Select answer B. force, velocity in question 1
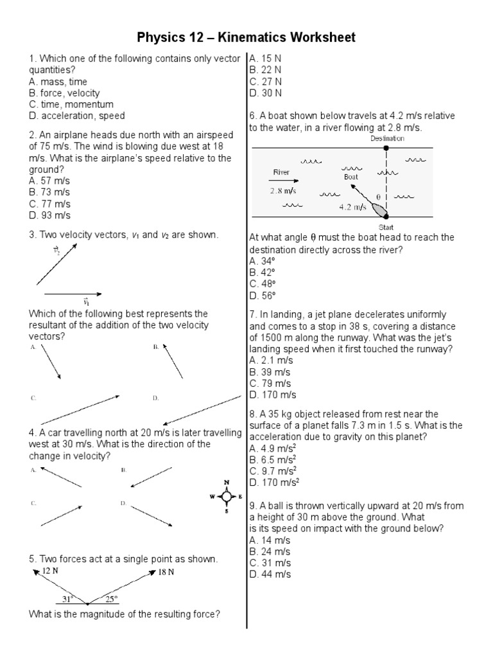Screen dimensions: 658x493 [64, 93]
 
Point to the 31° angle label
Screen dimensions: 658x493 [68, 599]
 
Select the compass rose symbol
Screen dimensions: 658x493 [227, 497]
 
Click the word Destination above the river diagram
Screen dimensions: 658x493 [387, 138]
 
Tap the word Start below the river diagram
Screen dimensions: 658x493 [386, 227]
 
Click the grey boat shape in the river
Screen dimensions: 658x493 [378, 210]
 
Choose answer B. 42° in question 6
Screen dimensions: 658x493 [262, 272]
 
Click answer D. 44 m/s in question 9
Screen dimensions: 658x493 [270, 574]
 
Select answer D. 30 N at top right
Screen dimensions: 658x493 [266, 93]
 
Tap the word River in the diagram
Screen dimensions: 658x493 [282, 172]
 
